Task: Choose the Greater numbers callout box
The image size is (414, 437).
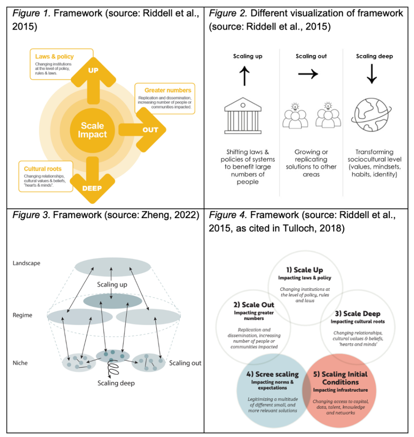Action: pyautogui.click(x=165, y=98)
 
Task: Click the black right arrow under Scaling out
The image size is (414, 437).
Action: pyautogui.click(x=307, y=74)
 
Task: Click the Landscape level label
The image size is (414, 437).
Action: pyautogui.click(x=26, y=263)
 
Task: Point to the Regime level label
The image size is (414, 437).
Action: pyautogui.click(x=23, y=315)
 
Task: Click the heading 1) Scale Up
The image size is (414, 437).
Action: pyautogui.click(x=304, y=270)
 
